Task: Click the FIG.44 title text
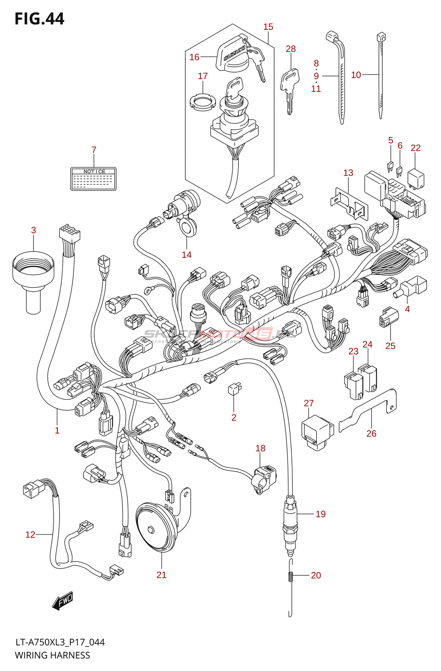tap(39, 19)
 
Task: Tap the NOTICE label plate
tap(93, 179)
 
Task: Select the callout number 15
tap(268, 27)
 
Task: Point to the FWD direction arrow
tap(62, 601)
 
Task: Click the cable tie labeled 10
tap(381, 75)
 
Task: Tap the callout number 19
tap(321, 514)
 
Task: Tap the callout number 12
tap(30, 534)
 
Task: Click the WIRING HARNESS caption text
tap(52, 655)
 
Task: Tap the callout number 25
tap(390, 346)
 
